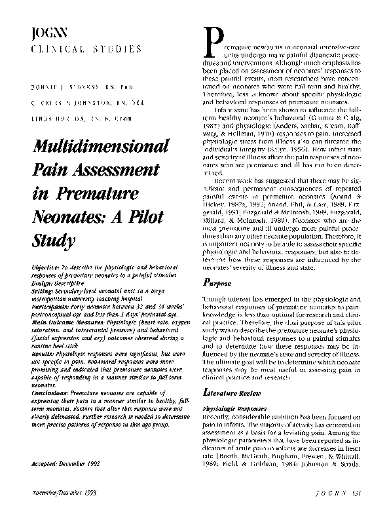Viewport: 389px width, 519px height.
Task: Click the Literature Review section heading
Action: pyautogui.click(x=228, y=391)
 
